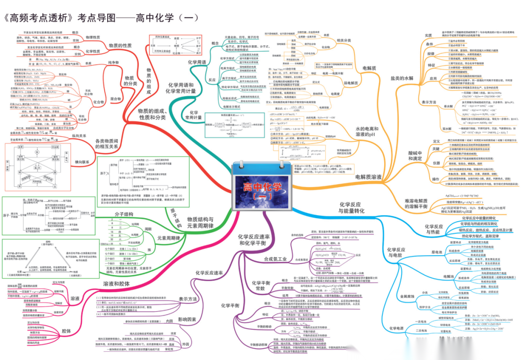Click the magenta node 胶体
pyautogui.click(x=66, y=331)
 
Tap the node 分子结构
pyautogui.click(x=124, y=214)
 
